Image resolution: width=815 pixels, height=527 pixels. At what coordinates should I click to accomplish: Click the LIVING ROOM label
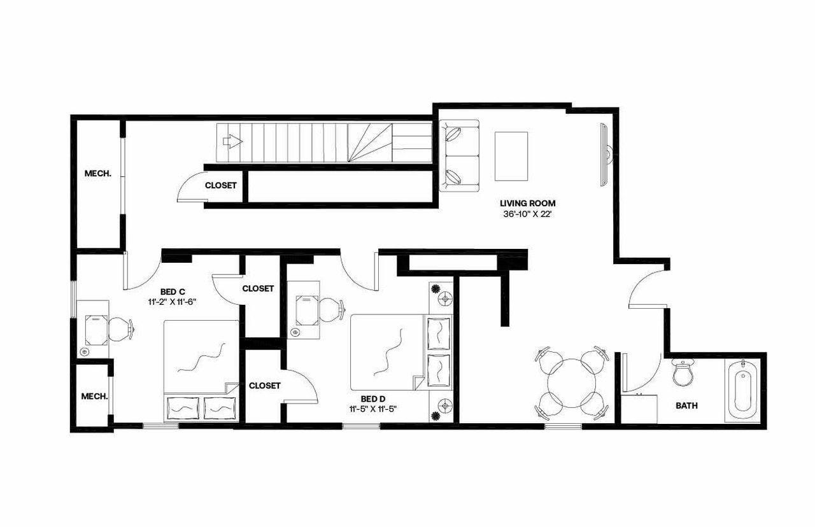click(527, 204)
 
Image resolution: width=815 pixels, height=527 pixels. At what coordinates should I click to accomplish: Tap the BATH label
click(686, 405)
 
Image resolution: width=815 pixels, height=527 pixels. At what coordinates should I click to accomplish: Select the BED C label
click(169, 292)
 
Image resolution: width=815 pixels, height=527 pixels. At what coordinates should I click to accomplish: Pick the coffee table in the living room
click(511, 156)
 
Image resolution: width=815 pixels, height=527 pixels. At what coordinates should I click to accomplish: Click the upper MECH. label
click(98, 173)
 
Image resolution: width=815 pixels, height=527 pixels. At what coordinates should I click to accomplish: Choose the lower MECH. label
click(94, 396)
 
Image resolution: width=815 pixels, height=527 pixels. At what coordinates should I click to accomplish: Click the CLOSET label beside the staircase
click(221, 186)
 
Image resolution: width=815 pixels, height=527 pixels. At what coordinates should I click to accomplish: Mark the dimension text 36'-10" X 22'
click(527, 214)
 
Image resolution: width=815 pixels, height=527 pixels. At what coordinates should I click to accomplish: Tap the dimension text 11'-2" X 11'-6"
click(169, 302)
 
